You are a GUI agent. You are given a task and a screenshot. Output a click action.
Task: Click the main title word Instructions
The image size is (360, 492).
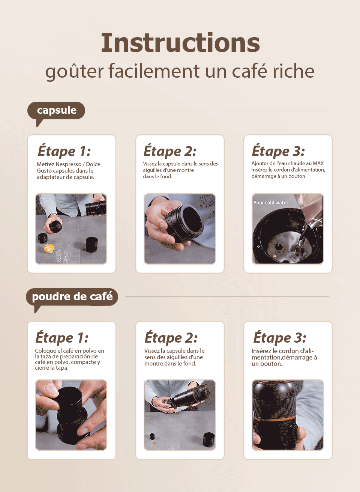(180, 43)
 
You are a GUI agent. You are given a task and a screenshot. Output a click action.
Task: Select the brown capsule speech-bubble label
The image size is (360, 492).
(56, 110)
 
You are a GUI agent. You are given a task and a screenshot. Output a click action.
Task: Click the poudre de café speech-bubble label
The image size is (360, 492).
(72, 296)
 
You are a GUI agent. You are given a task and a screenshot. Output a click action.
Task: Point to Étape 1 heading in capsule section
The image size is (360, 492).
(64, 151)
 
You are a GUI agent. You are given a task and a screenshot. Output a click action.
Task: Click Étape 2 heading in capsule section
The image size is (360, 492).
(170, 151)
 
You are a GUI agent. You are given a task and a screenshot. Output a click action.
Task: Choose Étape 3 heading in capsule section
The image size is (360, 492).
(278, 151)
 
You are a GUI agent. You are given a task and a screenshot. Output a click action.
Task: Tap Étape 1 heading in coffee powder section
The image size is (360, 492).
(62, 337)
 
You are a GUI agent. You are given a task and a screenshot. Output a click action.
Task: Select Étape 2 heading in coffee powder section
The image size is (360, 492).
(171, 337)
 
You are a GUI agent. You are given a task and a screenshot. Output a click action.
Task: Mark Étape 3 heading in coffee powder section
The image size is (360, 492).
(280, 337)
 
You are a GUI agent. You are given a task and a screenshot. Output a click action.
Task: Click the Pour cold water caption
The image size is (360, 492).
(271, 203)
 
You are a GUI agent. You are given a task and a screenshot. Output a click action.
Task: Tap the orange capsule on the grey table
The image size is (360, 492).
(49, 248)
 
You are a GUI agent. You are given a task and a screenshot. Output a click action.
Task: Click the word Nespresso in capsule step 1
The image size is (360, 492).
(69, 164)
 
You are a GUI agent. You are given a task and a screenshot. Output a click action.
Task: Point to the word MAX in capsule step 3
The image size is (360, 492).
(318, 163)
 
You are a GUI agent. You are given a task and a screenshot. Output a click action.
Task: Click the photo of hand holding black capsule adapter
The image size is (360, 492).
(180, 229)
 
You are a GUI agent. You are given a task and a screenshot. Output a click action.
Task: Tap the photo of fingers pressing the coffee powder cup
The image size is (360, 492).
(71, 415)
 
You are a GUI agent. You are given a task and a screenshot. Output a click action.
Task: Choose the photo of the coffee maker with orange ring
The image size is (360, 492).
(288, 415)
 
